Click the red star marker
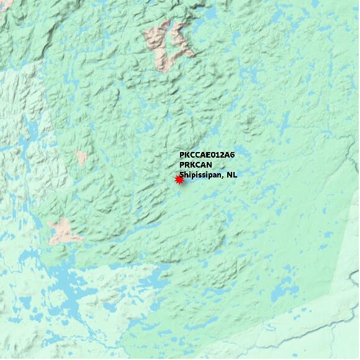click(x=179, y=179)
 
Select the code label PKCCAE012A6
click(x=207, y=155)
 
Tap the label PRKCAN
click(x=196, y=164)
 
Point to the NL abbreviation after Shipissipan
click(x=232, y=175)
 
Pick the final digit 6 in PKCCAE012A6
click(x=232, y=155)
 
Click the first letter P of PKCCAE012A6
click(x=182, y=155)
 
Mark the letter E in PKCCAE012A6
click(x=207, y=155)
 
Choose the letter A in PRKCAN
click(x=203, y=164)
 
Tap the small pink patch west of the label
click(x=82, y=157)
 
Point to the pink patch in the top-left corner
click(x=5, y=6)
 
